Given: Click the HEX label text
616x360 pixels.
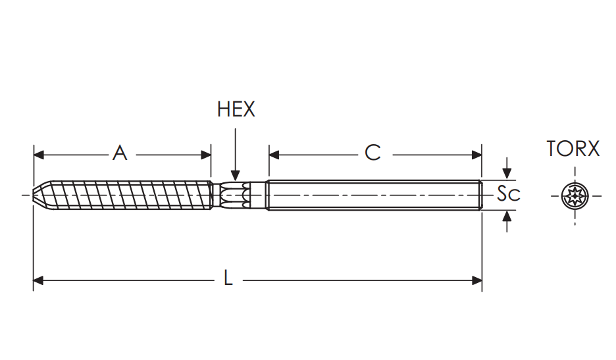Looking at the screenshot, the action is point(236,109).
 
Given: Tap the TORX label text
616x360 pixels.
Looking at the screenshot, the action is point(573,149).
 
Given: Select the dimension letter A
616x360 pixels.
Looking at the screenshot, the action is point(120,153).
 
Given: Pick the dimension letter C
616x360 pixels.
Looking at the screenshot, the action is point(372,153).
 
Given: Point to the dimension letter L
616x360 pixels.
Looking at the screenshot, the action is point(228,278).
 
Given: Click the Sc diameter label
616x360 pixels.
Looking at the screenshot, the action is point(508,193).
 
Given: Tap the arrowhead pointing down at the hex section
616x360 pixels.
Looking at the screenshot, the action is point(236,176).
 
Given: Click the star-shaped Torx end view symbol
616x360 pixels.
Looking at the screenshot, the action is point(575,195).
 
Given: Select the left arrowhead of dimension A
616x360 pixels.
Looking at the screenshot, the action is point(39,155).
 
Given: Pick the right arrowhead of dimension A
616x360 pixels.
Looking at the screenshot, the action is point(206,155).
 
